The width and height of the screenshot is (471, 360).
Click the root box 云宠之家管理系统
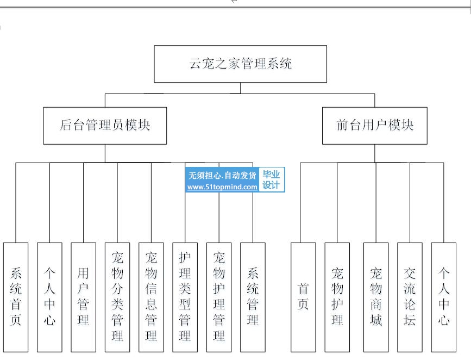(x=240, y=64)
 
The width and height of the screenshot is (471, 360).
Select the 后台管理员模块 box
(x=105, y=125)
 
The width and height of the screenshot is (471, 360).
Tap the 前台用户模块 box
(x=374, y=125)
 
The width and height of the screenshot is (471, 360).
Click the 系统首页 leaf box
(x=16, y=297)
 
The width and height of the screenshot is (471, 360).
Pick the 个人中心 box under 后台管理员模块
(x=49, y=297)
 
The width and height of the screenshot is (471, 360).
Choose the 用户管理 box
(x=83, y=297)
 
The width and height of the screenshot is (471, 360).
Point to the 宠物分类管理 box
(x=117, y=297)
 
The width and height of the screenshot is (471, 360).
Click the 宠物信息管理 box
(x=151, y=297)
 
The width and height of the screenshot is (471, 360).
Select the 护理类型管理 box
(x=185, y=297)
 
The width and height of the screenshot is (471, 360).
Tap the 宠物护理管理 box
(x=219, y=297)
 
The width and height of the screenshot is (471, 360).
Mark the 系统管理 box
(x=253, y=297)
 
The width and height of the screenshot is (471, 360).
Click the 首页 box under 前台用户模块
(x=303, y=297)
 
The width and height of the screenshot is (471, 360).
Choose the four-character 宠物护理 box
(x=337, y=297)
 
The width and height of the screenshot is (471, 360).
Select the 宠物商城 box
(x=376, y=297)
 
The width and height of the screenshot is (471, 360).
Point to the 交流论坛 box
(x=410, y=297)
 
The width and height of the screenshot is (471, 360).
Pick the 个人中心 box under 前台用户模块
(x=444, y=297)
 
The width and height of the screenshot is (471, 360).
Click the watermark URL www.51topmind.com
(x=222, y=187)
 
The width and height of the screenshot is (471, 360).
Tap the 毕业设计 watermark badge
(x=272, y=179)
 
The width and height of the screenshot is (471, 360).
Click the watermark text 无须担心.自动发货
(x=222, y=175)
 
